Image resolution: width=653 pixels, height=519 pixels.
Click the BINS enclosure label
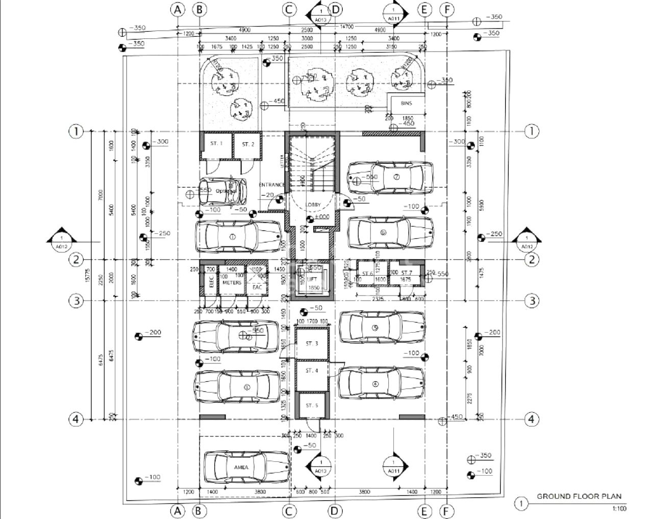click(406, 103)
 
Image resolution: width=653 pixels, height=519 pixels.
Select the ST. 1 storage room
click(216, 144)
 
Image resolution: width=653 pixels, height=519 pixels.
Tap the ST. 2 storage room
click(247, 144)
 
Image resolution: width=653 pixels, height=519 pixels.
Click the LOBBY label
click(313, 205)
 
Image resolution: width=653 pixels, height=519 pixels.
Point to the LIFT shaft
click(312, 280)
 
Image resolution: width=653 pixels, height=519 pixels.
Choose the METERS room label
click(232, 282)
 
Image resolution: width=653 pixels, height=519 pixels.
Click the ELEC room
click(211, 281)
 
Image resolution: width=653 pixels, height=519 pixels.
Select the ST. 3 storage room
click(312, 344)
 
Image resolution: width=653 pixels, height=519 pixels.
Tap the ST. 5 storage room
click(312, 405)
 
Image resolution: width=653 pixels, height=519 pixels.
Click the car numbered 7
click(390, 178)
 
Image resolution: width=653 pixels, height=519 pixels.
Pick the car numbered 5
click(382, 328)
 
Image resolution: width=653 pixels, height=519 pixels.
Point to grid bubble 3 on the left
click(76, 301)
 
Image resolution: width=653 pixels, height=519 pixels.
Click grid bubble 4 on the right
click(532, 419)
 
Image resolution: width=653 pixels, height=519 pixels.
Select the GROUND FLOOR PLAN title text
click(579, 496)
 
